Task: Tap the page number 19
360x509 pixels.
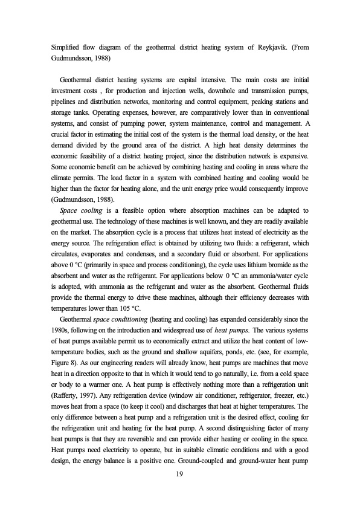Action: point(179,476)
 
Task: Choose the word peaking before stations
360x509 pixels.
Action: point(256,102)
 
